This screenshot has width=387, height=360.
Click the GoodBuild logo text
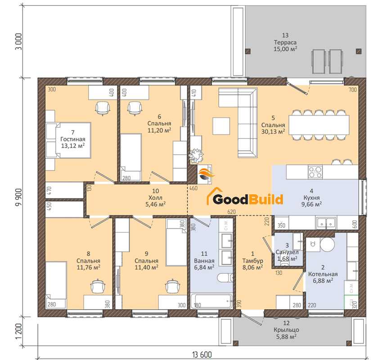coord(248,200)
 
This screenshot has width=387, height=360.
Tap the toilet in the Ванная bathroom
coord(225,278)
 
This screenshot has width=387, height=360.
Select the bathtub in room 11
coord(211,301)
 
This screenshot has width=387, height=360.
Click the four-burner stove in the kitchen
coord(315,172)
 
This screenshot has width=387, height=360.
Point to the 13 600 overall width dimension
coord(202,355)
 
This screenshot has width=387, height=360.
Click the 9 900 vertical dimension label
coord(18,198)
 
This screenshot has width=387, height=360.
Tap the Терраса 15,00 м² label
coord(285,45)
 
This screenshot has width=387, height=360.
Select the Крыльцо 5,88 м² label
coord(286,333)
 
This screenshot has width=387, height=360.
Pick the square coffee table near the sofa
coord(221,126)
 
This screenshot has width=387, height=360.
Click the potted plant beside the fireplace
coord(197,156)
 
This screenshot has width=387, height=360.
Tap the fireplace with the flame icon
coord(205,174)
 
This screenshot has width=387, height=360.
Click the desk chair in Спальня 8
coord(98,286)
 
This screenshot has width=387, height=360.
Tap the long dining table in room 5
coord(319,125)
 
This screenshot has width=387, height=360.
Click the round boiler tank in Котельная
coord(327,244)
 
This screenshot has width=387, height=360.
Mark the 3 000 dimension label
coord(18,41)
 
